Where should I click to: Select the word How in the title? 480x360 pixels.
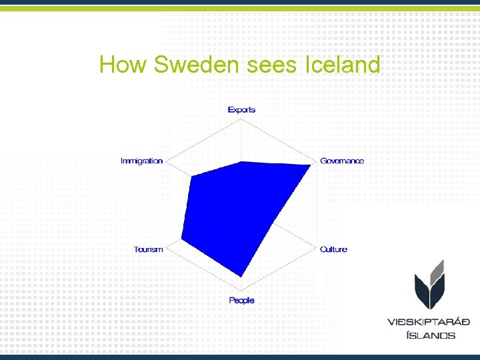[x=123, y=65]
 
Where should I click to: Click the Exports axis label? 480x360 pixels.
[x=241, y=110]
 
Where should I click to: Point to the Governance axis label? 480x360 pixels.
[x=342, y=161]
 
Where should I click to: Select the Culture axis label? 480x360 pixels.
[x=333, y=249]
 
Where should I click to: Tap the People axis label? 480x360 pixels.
[x=241, y=301]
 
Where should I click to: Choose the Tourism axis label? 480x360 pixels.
[x=148, y=249]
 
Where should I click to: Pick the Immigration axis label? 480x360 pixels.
[x=141, y=161]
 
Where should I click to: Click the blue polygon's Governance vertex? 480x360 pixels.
[x=312, y=165]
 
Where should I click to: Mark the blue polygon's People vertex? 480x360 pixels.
[x=241, y=276]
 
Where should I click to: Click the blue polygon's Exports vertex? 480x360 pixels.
[x=241, y=161]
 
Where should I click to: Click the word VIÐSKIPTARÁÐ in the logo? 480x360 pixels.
[x=429, y=322]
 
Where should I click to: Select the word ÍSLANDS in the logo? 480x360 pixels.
[x=431, y=335]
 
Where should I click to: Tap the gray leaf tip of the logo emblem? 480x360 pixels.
[x=440, y=262]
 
